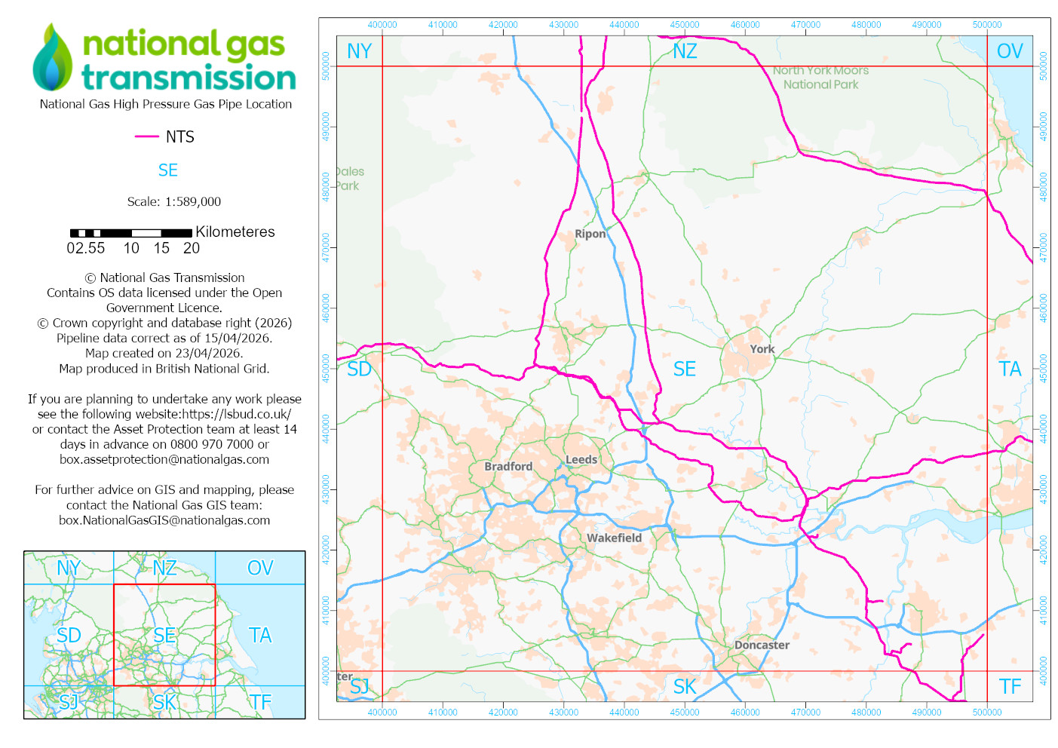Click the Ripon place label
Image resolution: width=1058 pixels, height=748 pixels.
[590, 234]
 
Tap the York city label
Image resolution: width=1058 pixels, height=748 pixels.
[762, 349]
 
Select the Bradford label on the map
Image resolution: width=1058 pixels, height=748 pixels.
[508, 467]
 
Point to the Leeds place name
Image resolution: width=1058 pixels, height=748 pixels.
[581, 459]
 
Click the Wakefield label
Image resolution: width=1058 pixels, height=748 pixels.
[614, 538]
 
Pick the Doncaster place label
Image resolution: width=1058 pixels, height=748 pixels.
[762, 645]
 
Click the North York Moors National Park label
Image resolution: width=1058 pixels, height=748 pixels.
[820, 78]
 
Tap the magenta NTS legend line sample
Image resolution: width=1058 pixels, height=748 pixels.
[146, 136]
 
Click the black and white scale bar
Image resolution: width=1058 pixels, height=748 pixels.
[130, 233]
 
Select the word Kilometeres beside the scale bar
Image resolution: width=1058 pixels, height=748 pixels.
[235, 232]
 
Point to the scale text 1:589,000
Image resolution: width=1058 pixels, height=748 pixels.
[193, 202]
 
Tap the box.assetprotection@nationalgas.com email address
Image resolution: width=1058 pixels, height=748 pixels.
[164, 459]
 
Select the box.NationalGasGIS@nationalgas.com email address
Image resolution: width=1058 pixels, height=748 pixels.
[164, 520]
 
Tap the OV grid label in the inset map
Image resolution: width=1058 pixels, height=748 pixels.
[260, 568]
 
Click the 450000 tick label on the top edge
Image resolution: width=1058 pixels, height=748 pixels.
[684, 25]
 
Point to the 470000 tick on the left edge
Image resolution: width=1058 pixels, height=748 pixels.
[326, 247]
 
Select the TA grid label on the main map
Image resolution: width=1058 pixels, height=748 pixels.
[1010, 369]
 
